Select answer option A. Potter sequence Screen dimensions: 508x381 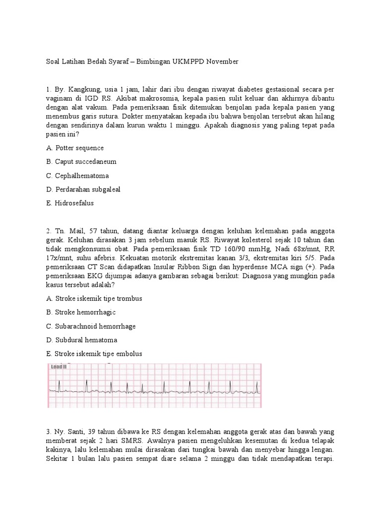(x=75, y=148)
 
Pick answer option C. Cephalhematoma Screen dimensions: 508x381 (x=77, y=176)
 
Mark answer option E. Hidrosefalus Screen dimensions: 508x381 (x=70, y=203)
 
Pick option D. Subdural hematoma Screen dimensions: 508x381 (x=82, y=340)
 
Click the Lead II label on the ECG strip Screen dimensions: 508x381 (x=59, y=367)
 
